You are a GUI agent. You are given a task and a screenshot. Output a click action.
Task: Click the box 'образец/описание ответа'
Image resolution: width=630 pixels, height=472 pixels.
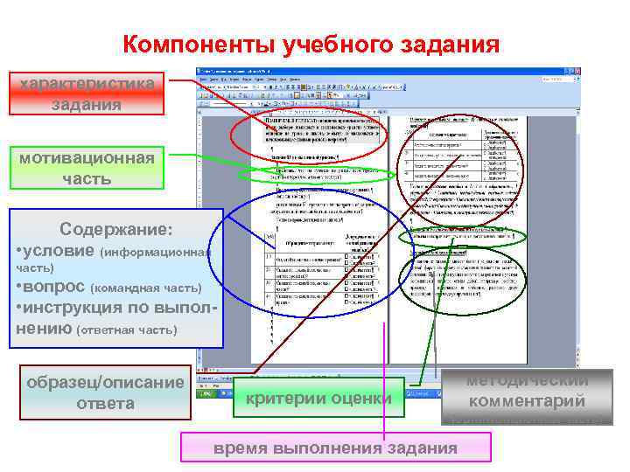click(x=105, y=392)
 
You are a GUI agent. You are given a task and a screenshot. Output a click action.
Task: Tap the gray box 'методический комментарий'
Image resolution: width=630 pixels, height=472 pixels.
click(x=527, y=395)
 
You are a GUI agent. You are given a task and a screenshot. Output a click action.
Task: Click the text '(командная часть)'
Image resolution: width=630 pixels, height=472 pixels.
click(x=146, y=288)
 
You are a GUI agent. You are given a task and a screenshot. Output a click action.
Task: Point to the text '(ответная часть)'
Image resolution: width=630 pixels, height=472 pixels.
click(x=127, y=330)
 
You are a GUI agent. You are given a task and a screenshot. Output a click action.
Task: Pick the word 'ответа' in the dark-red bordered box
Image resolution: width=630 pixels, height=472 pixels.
click(x=105, y=403)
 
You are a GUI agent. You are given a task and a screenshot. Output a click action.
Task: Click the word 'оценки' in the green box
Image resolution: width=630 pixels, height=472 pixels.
click(x=363, y=399)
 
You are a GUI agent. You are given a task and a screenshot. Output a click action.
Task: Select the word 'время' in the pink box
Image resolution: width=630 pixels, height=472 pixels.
click(x=241, y=448)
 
